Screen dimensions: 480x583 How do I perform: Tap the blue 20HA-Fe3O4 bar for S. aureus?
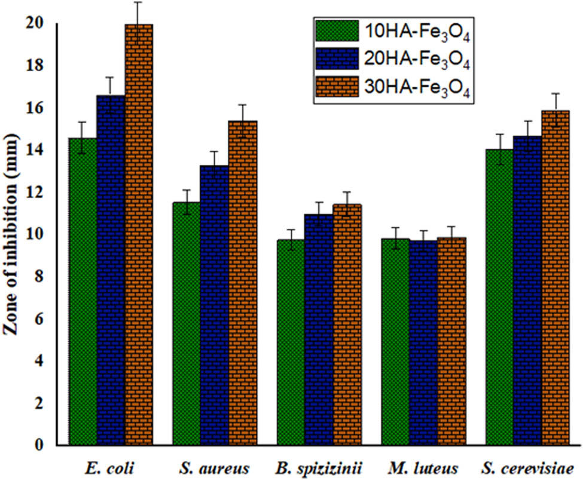213,305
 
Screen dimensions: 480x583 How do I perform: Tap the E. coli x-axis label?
111,467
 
